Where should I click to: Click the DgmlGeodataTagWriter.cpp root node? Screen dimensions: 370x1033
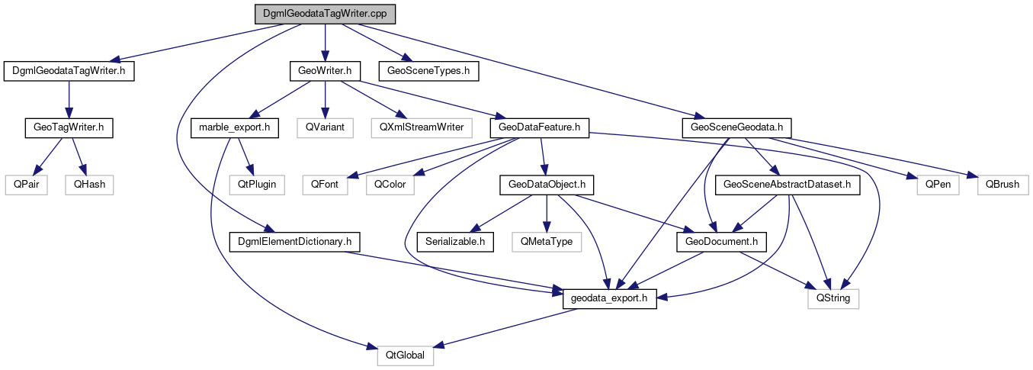[x=326, y=14]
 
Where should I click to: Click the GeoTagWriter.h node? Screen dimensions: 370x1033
[x=69, y=127]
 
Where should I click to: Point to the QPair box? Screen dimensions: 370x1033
[x=27, y=184]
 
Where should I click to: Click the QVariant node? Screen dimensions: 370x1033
[x=325, y=127]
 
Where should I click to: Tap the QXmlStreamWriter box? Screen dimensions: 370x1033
[x=421, y=127]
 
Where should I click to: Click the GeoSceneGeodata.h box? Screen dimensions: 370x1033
[x=738, y=127]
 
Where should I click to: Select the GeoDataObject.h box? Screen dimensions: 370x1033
[x=546, y=184]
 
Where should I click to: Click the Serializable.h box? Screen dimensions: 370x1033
[x=455, y=241]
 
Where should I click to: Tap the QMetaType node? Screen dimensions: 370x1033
[x=546, y=241]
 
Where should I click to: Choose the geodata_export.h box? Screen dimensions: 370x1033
[x=609, y=299]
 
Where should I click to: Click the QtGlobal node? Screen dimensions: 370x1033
[x=406, y=356]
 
